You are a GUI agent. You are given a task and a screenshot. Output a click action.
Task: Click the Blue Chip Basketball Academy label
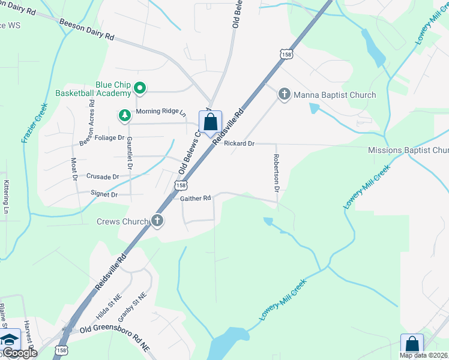[x=93, y=89]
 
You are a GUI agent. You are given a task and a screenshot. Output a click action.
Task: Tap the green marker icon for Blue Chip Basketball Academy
[x=140, y=89]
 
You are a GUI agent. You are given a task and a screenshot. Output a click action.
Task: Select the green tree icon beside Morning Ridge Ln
[x=125, y=114]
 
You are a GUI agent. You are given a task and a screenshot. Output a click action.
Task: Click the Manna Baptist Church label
[x=334, y=95]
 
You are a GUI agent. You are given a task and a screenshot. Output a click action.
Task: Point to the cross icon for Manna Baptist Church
[x=284, y=94]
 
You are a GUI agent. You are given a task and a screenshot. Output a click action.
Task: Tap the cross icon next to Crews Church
[x=157, y=221]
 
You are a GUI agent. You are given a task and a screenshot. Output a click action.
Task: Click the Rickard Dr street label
[x=239, y=144]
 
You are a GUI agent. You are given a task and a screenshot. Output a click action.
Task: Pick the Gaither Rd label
[x=196, y=198]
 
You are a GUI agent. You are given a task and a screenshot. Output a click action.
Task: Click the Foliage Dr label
[x=109, y=137]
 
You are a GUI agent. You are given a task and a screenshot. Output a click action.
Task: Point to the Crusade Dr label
[x=103, y=177]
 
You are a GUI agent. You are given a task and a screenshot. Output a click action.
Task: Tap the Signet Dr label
[x=104, y=194]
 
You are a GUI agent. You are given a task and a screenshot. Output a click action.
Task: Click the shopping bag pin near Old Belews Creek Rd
[x=210, y=122]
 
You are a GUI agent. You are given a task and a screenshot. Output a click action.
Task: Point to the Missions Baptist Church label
[x=408, y=151]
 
